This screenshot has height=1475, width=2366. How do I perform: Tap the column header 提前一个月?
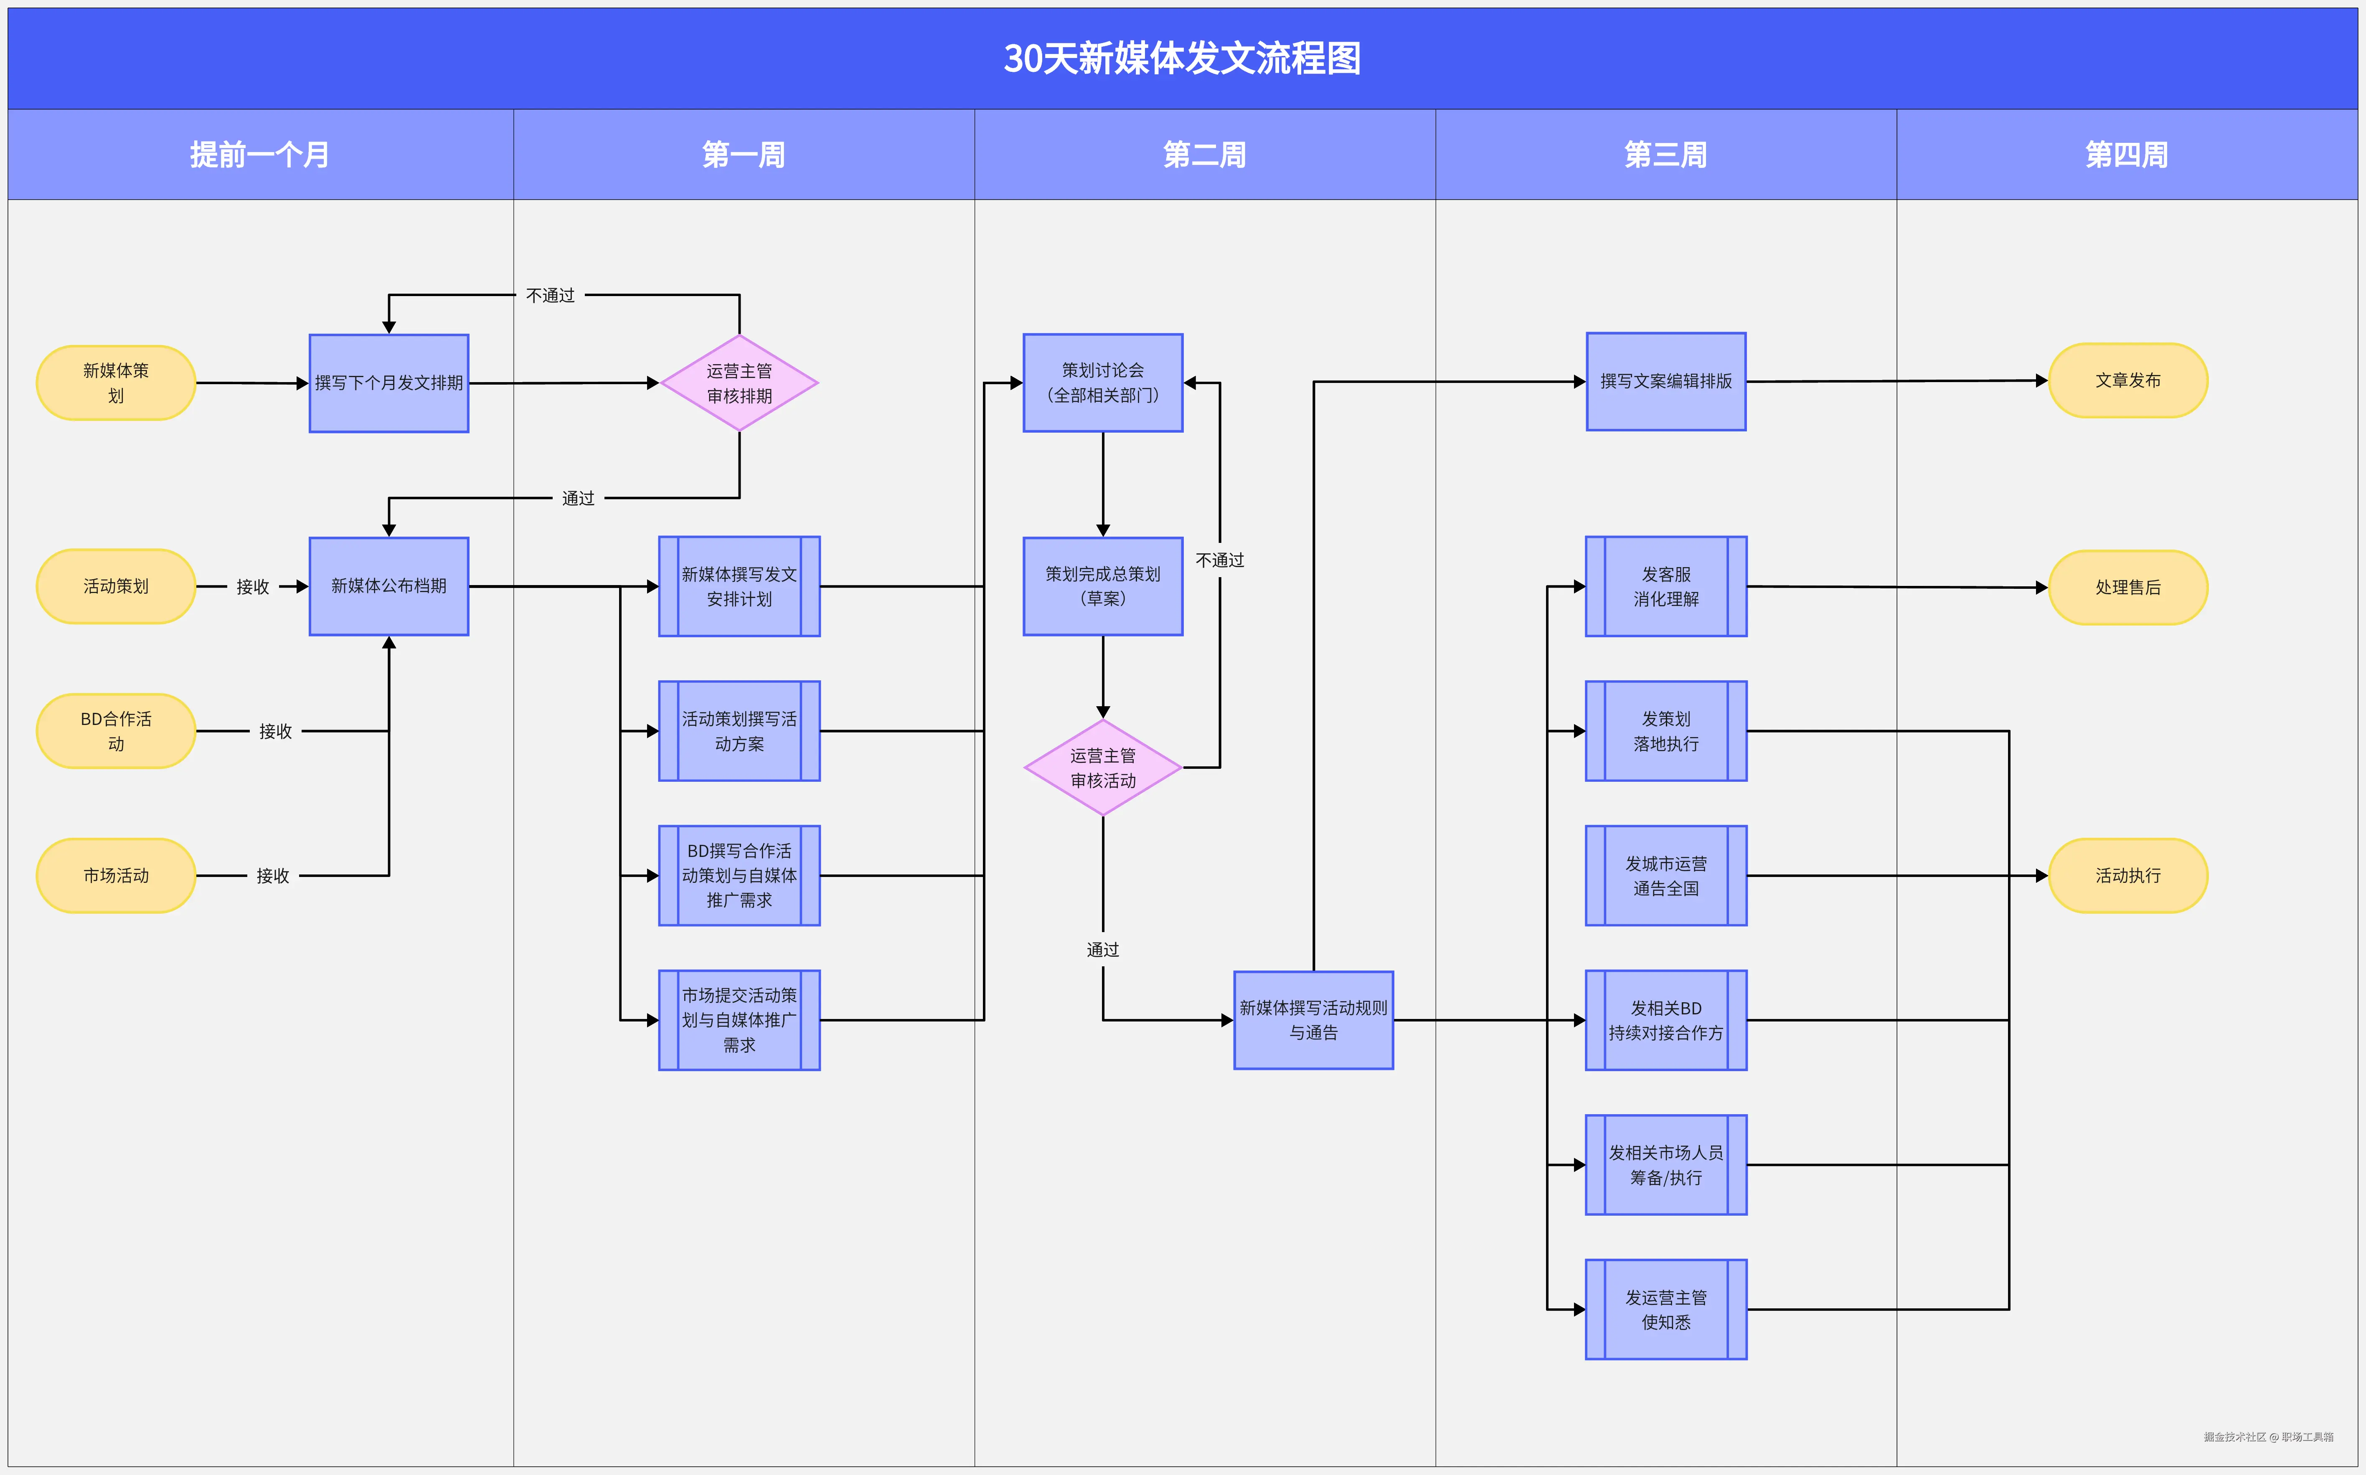(x=259, y=154)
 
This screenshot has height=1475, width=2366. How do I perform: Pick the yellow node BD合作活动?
(x=116, y=731)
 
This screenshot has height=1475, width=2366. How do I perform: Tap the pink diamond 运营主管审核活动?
(x=1102, y=768)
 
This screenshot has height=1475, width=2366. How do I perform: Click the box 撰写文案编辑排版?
(x=1665, y=381)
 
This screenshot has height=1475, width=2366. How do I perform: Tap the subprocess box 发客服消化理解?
(x=1665, y=586)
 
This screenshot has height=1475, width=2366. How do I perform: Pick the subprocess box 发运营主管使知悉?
(x=1665, y=1309)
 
